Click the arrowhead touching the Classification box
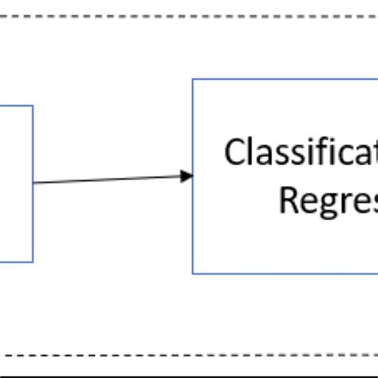[187, 175]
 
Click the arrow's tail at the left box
[34, 183]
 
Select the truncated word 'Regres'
[328, 200]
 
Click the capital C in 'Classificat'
[234, 152]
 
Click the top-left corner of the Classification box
[193, 79]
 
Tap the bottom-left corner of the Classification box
[193, 274]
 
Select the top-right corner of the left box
[33, 105]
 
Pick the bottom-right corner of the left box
[33, 262]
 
